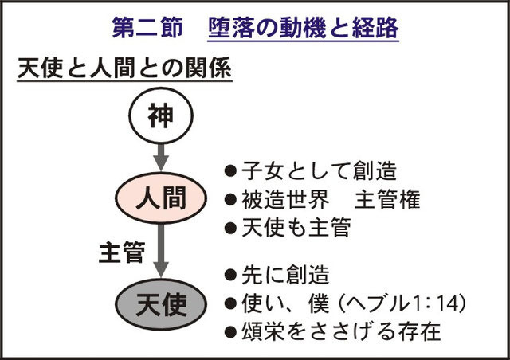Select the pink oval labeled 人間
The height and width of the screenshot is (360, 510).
click(x=161, y=198)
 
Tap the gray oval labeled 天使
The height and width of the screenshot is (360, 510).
click(x=161, y=304)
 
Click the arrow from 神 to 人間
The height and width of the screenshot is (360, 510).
click(x=161, y=158)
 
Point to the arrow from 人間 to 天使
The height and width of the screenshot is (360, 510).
click(x=161, y=250)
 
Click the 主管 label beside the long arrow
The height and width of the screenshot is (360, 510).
click(x=122, y=252)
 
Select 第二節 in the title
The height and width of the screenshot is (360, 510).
click(x=147, y=28)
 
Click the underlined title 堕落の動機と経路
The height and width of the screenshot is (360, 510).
click(x=303, y=29)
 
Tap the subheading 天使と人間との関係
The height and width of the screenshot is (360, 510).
click(x=124, y=68)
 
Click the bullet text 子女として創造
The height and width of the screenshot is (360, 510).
click(x=319, y=170)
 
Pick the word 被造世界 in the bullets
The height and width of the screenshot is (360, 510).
click(x=285, y=199)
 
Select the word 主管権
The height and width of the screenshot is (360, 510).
click(x=387, y=199)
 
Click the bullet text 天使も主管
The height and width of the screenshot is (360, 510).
click(x=296, y=227)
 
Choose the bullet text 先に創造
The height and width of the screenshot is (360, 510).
click(x=285, y=275)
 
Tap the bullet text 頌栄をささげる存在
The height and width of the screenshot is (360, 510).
click(x=341, y=331)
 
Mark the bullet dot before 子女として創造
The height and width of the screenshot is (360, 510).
click(x=230, y=171)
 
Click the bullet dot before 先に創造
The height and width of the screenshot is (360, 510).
click(x=230, y=275)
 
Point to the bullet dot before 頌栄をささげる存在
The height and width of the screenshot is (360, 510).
click(x=230, y=331)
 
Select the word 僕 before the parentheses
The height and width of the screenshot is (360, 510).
click(x=319, y=303)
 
